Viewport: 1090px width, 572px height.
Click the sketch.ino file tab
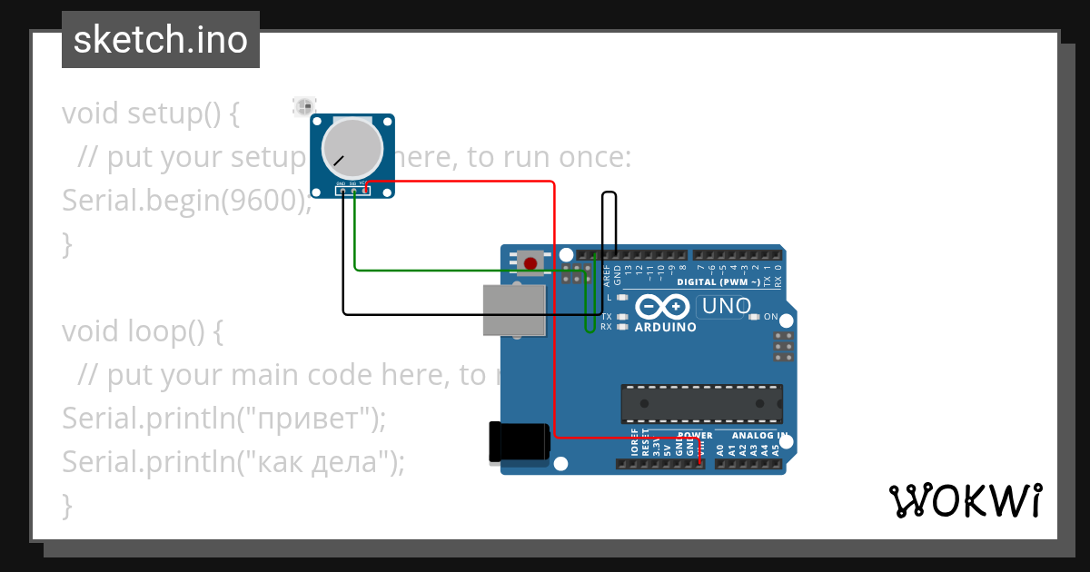[161, 40]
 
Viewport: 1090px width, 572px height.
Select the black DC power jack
[519, 442]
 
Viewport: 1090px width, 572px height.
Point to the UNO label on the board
[727, 307]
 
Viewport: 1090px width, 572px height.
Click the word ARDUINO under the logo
[665, 327]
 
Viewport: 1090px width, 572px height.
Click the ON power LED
[754, 317]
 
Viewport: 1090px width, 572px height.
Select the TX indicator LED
[622, 317]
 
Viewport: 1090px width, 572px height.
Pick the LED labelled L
[622, 297]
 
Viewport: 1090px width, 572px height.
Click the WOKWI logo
[965, 500]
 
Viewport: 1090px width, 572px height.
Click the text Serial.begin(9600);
[186, 201]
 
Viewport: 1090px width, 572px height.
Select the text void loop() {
[142, 331]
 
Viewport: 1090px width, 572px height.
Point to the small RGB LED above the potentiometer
[302, 107]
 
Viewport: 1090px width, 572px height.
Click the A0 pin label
[720, 449]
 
